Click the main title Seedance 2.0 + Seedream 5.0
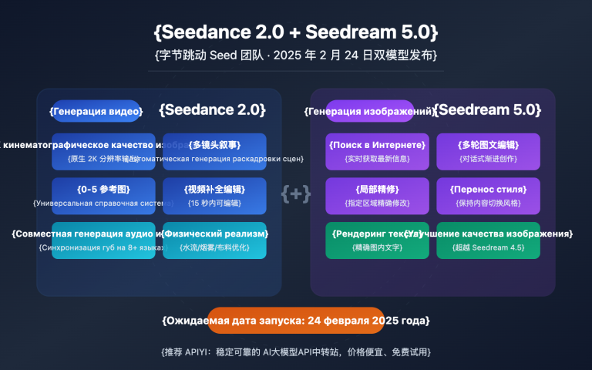pyautogui.click(x=296, y=32)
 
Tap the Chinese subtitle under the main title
pyautogui.click(x=296, y=55)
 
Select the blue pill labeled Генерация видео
pyautogui.click(x=96, y=111)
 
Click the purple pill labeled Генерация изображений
pyautogui.click(x=370, y=111)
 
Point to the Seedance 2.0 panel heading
pyautogui.click(x=212, y=109)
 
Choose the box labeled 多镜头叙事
pyautogui.click(x=214, y=151)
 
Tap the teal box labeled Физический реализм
pyautogui.click(x=214, y=240)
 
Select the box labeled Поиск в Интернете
pyautogui.click(x=377, y=151)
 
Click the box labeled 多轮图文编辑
pyautogui.click(x=488, y=151)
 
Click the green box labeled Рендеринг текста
pyautogui.click(x=377, y=240)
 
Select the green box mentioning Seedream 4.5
pyautogui.click(x=488, y=240)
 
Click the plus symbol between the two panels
pyautogui.click(x=296, y=193)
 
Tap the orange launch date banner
pyautogui.click(x=296, y=320)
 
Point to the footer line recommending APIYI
pyautogui.click(x=296, y=351)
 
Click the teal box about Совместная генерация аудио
pyautogui.click(x=92, y=240)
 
